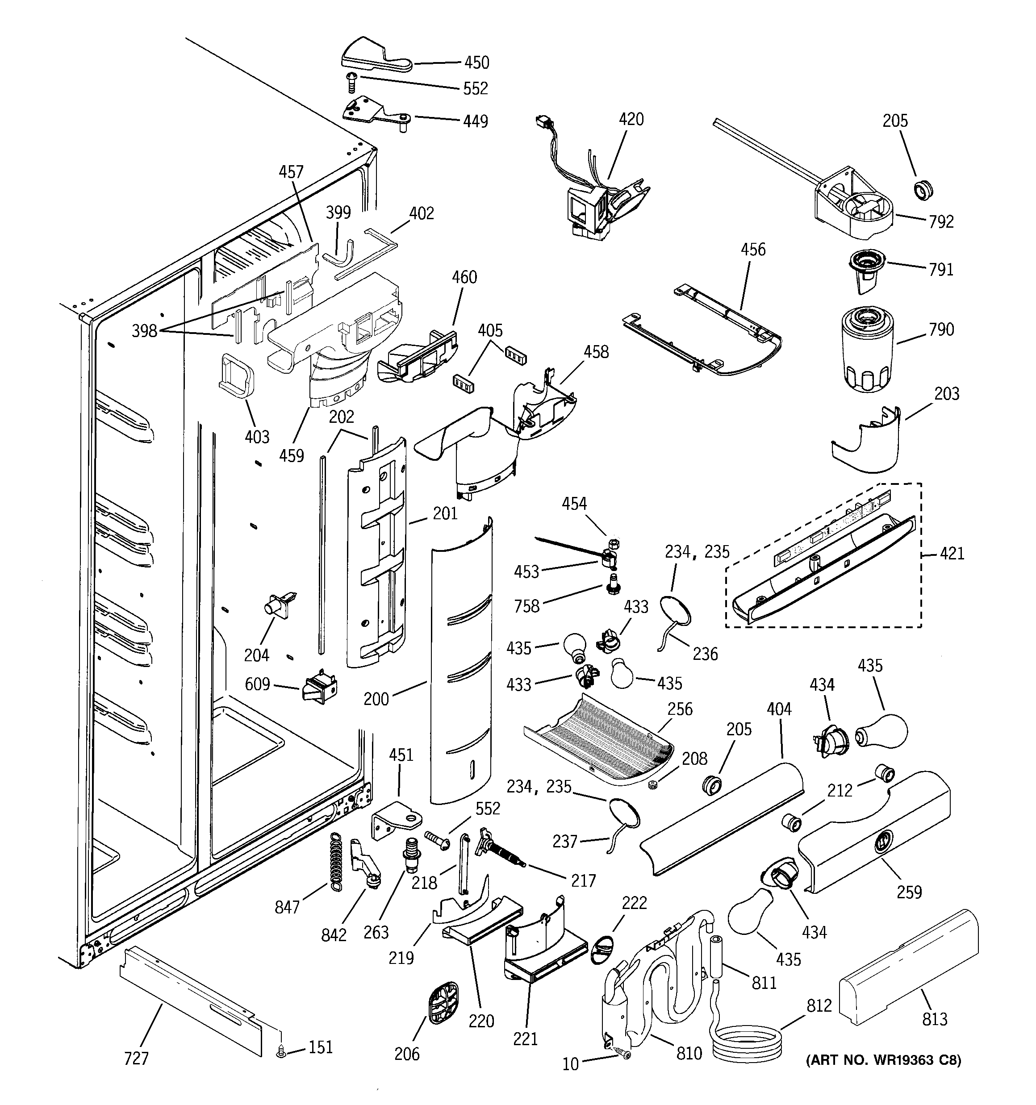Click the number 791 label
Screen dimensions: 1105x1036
coord(941,270)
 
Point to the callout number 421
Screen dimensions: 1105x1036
coord(952,554)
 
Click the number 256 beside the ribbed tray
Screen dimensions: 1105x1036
coord(680,709)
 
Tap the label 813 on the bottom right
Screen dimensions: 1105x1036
coord(934,1019)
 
